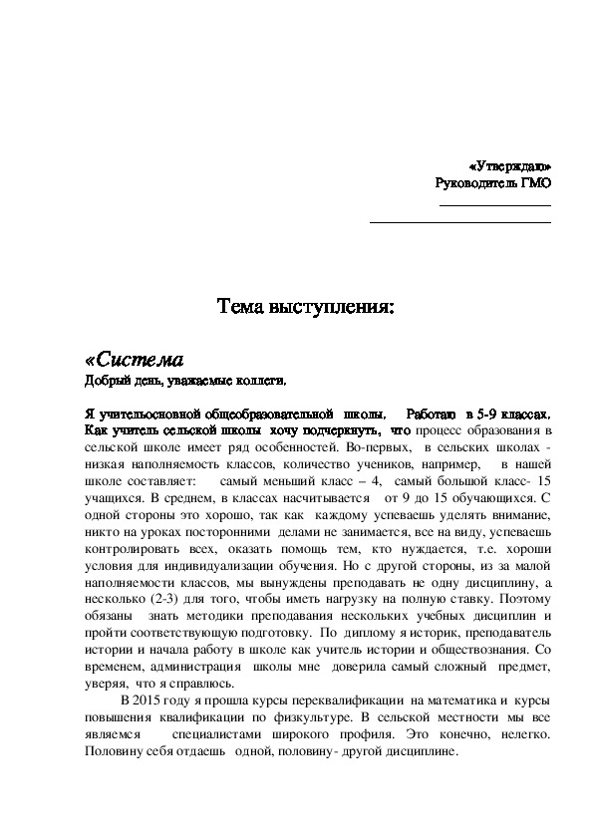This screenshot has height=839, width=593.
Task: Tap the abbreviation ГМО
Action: click(x=537, y=182)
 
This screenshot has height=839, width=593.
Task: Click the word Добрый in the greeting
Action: click(x=102, y=381)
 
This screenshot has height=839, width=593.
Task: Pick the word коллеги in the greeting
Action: click(x=261, y=381)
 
